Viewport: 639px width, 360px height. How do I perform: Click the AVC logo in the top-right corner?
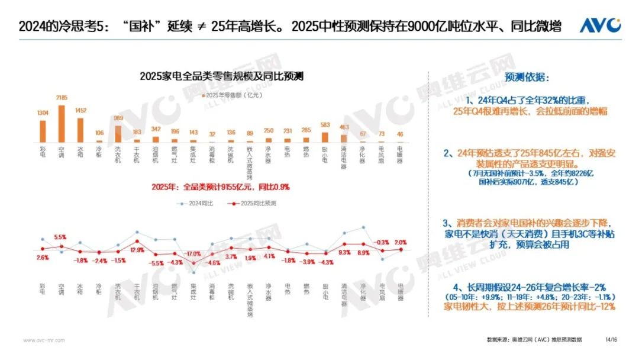click(x=599, y=25)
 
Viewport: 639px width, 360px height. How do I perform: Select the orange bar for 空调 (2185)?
click(x=61, y=124)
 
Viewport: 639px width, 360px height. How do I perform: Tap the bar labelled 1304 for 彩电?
click(x=42, y=131)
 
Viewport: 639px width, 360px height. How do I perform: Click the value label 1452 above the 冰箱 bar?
click(x=80, y=111)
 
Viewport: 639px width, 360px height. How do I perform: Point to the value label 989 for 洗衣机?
click(x=118, y=118)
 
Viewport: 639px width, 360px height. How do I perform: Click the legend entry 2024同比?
click(x=195, y=203)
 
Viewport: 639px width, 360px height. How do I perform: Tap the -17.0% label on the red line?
click(x=193, y=254)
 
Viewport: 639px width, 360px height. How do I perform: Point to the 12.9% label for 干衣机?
click(x=137, y=250)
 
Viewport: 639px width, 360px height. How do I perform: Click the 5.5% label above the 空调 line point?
click(x=60, y=237)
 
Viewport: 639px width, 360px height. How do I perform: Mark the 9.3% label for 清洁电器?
click(x=344, y=253)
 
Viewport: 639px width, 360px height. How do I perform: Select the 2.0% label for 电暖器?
click(x=401, y=242)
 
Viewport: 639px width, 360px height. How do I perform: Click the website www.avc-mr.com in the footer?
click(x=44, y=340)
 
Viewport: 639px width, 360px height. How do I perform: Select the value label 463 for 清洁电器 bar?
click(x=344, y=127)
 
